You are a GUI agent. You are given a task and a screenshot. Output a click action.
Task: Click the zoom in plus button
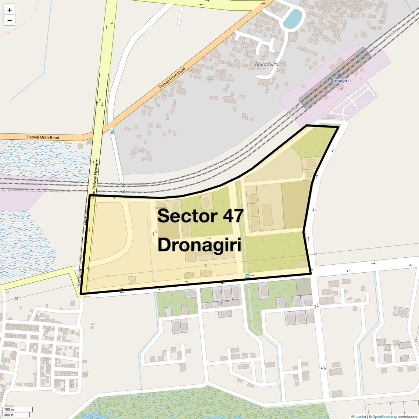pos(10,10)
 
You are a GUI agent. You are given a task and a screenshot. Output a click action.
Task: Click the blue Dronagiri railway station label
pos(340,80)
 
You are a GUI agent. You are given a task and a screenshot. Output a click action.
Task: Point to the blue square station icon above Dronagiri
pos(339,76)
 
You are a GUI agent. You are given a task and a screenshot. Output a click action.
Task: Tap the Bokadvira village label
pos(266,64)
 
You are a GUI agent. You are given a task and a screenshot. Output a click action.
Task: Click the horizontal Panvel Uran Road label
pos(43,137)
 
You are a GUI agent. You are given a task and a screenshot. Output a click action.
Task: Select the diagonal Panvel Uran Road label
pos(172,78)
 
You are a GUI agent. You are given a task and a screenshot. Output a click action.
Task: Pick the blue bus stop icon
pos(112,131)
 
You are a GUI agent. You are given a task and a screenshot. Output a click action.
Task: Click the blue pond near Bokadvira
pos(293,18)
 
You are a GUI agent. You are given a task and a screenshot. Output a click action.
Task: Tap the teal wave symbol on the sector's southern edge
pos(247,275)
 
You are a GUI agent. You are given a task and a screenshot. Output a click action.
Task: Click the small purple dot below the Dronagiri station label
pos(341,88)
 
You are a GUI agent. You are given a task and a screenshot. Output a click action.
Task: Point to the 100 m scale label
pos(9,409)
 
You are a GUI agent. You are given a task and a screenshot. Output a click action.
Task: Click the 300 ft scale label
pos(8,415)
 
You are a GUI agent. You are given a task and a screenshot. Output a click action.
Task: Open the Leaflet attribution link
pos(360,416)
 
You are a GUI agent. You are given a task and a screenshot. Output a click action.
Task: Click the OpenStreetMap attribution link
pos(384,416)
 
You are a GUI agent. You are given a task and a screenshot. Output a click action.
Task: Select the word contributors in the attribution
pos(408,416)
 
